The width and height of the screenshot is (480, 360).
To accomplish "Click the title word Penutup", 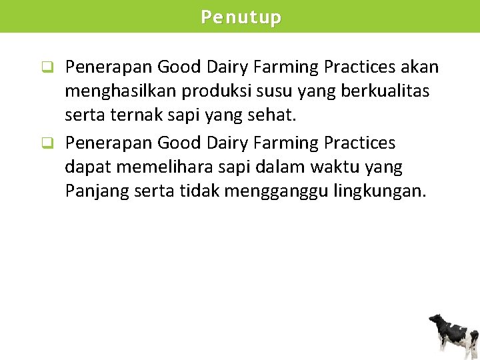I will click(x=241, y=17).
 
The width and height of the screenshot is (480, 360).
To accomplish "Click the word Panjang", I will click(x=97, y=192).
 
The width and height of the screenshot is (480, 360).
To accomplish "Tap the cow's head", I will click(x=435, y=321).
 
